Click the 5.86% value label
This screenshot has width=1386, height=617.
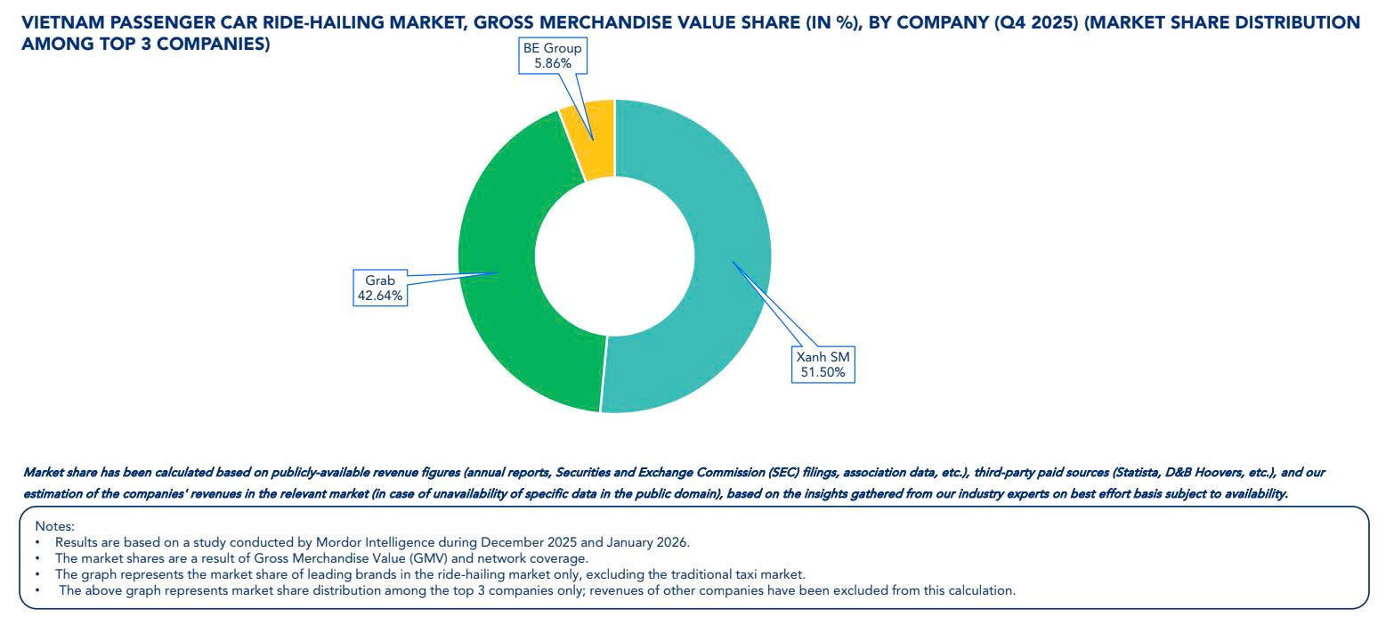[552, 63]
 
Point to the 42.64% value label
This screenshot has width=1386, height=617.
[380, 296]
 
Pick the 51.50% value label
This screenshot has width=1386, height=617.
[823, 371]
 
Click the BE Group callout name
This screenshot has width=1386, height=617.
[552, 48]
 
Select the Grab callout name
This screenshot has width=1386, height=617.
[380, 280]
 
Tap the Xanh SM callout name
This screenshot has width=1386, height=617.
[823, 356]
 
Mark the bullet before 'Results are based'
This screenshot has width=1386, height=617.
[38, 542]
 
